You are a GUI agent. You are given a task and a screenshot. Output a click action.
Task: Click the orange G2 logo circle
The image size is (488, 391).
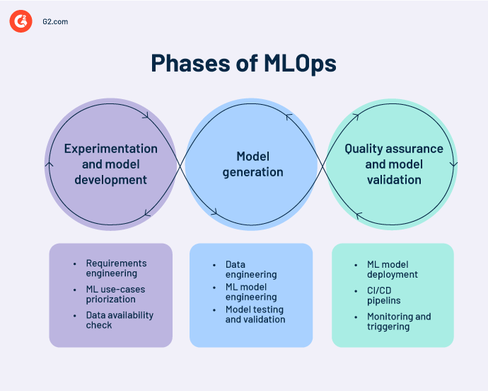click(x=21, y=22)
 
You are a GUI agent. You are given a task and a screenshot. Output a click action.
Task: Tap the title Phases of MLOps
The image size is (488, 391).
click(x=243, y=64)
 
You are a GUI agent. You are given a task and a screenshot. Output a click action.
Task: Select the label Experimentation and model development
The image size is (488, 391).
click(x=111, y=164)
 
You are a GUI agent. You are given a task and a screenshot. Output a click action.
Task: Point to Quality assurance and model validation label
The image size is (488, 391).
click(x=394, y=164)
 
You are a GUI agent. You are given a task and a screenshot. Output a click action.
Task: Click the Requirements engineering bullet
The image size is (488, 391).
click(x=116, y=268)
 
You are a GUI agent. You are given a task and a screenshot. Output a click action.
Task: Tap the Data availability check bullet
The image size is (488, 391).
click(x=120, y=320)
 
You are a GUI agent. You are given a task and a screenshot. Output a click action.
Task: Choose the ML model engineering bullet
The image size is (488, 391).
click(x=251, y=292)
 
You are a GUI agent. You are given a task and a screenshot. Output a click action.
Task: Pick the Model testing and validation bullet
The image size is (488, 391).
click(x=255, y=314)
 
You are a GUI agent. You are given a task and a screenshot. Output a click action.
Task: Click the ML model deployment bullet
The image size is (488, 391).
click(x=393, y=269)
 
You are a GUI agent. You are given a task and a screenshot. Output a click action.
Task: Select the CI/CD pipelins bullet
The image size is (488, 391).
click(x=383, y=295)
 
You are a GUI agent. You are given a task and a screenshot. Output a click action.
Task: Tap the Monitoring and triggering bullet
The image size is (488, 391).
click(x=399, y=322)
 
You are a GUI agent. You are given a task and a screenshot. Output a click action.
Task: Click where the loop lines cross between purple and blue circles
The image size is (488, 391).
click(x=182, y=164)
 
